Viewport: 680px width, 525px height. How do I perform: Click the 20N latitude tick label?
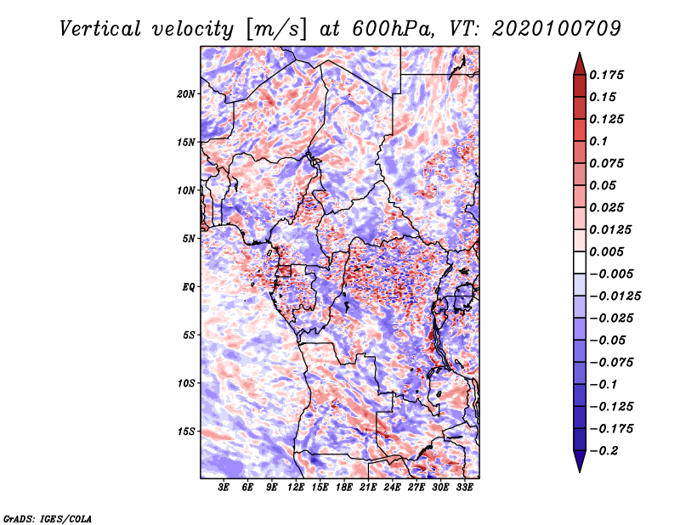point(186,93)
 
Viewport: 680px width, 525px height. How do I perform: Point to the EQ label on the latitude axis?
point(190,286)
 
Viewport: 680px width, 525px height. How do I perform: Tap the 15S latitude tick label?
point(186,431)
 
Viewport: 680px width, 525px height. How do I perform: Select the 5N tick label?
point(189,238)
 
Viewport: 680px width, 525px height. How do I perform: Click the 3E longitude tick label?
point(224,488)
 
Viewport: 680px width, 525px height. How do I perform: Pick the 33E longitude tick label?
point(463,488)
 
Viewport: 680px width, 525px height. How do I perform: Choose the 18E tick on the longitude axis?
point(343,488)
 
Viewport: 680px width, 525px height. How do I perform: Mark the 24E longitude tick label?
point(392,488)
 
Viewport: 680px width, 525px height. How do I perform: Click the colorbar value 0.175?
point(608,75)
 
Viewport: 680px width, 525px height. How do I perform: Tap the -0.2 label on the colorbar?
point(605,450)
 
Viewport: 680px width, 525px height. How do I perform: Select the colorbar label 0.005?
point(608,251)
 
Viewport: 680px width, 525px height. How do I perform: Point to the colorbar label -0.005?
point(610,274)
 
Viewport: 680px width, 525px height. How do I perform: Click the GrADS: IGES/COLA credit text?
point(48,517)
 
